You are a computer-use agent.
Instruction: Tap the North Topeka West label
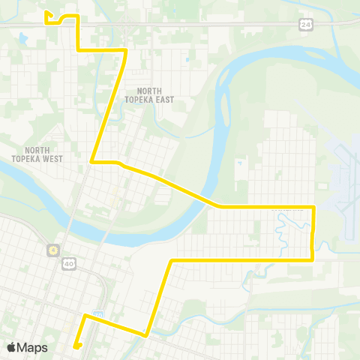click(x=37, y=154)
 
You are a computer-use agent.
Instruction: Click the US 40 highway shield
click(x=68, y=263)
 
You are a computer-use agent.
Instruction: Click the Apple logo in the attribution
click(x=12, y=347)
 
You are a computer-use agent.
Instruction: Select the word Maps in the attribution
click(x=33, y=347)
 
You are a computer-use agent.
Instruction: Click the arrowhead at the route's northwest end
click(x=46, y=13)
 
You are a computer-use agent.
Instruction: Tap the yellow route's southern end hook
click(x=76, y=346)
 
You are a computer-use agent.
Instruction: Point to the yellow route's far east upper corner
click(x=313, y=205)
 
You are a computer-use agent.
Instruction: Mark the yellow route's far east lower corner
click(x=312, y=259)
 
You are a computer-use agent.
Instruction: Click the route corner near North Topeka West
click(x=91, y=161)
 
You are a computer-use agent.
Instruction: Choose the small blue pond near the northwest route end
click(x=23, y=37)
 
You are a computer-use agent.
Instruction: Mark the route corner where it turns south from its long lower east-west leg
click(x=172, y=260)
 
